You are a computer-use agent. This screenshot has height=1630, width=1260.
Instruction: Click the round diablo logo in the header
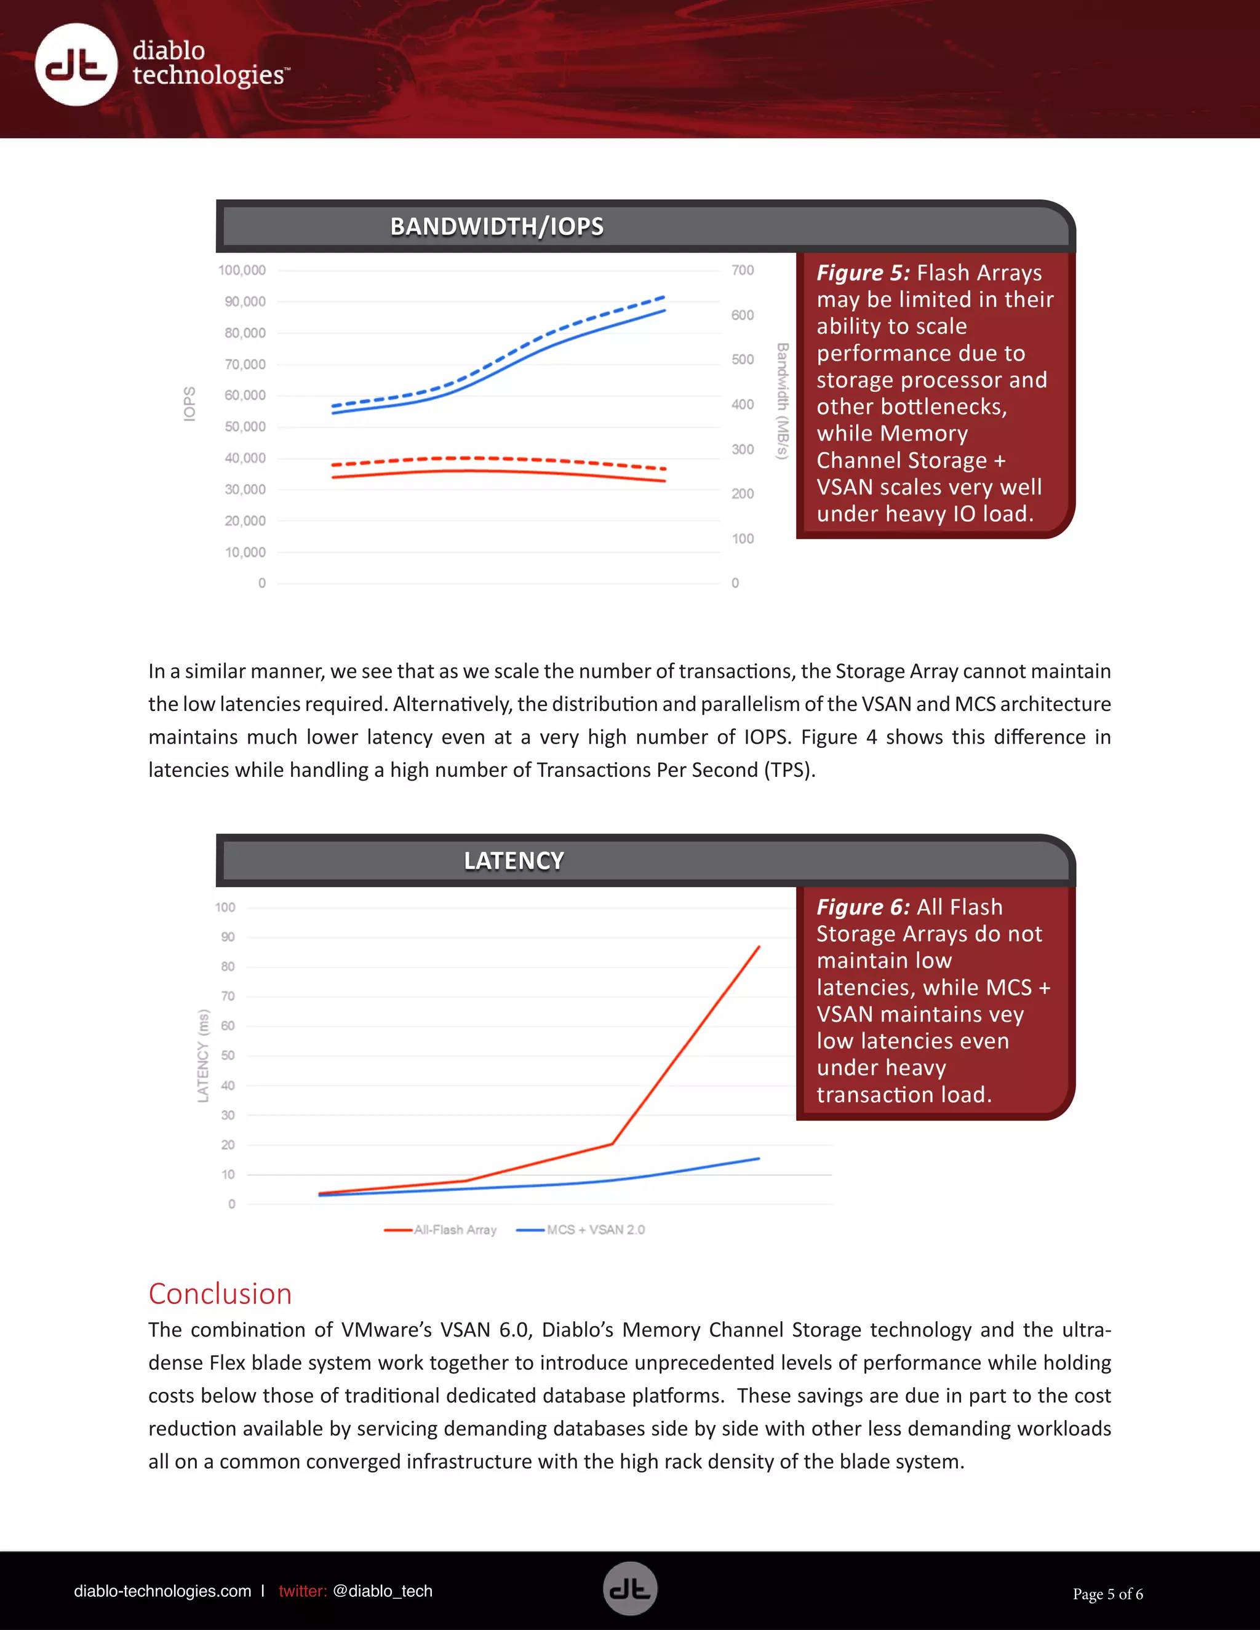[76, 65]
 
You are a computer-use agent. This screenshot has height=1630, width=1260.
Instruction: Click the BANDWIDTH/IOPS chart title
[496, 226]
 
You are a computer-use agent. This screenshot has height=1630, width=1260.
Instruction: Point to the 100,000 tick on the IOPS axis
[242, 270]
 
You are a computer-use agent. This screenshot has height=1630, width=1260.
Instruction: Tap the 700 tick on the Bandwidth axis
[742, 270]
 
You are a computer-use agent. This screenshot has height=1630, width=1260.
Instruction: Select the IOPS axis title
[189, 404]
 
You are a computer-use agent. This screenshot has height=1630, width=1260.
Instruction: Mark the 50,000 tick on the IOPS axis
[245, 427]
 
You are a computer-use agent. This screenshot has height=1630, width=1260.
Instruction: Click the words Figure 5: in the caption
[862, 273]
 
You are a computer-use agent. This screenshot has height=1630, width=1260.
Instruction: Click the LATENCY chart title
[514, 861]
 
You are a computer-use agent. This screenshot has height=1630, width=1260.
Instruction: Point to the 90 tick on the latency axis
[228, 937]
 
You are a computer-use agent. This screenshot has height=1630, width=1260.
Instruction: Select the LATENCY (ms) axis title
[203, 1056]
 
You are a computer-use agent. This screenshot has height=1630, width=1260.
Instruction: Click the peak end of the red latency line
[759, 947]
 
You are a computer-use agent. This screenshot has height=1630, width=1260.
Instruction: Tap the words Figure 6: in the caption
[862, 907]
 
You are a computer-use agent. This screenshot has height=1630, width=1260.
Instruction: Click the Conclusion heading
[220, 1294]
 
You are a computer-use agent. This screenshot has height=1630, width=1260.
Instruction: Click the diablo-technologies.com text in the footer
[162, 1591]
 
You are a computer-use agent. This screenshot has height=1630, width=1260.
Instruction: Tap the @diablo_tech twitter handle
[382, 1591]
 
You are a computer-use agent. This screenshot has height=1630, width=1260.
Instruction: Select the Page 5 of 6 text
[1107, 1594]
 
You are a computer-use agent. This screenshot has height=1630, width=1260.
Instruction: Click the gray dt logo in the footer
[630, 1589]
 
